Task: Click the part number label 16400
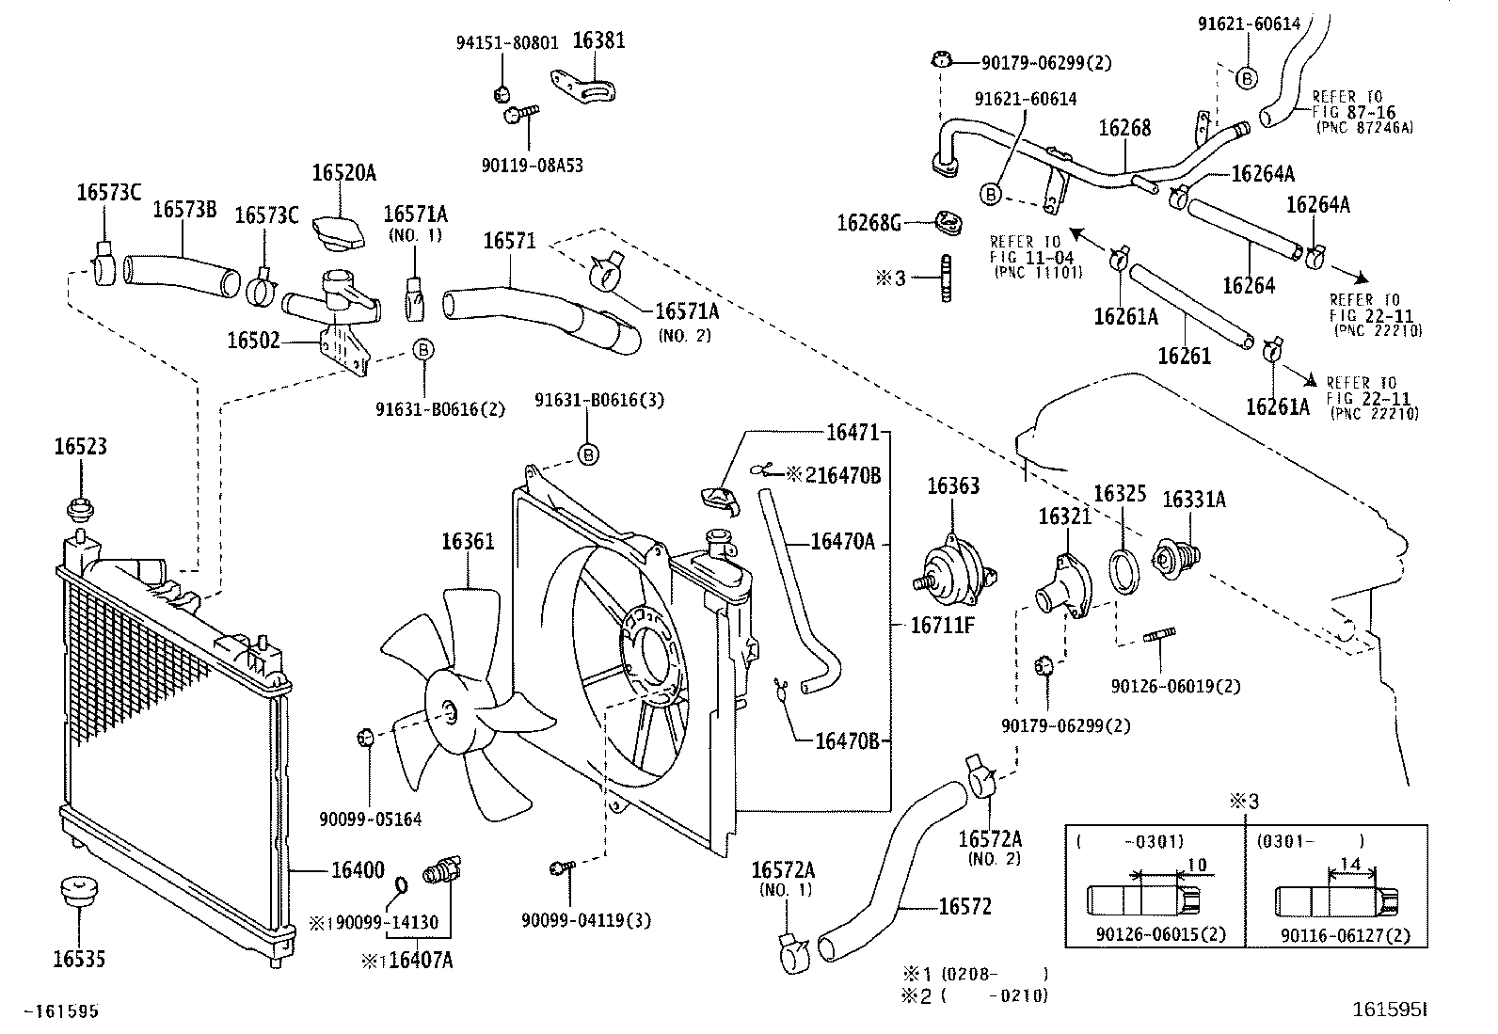coord(357,871)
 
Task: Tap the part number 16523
coord(80,447)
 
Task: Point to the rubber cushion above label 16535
coord(79,891)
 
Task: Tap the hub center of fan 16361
coord(450,712)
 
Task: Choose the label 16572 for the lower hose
coord(964,907)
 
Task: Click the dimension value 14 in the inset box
coord(1349,864)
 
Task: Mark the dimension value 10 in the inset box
coord(1196,864)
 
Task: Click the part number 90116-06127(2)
coord(1346,935)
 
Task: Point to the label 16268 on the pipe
coord(1125,128)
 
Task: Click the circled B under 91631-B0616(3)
coord(587,455)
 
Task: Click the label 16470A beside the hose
coord(843,541)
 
